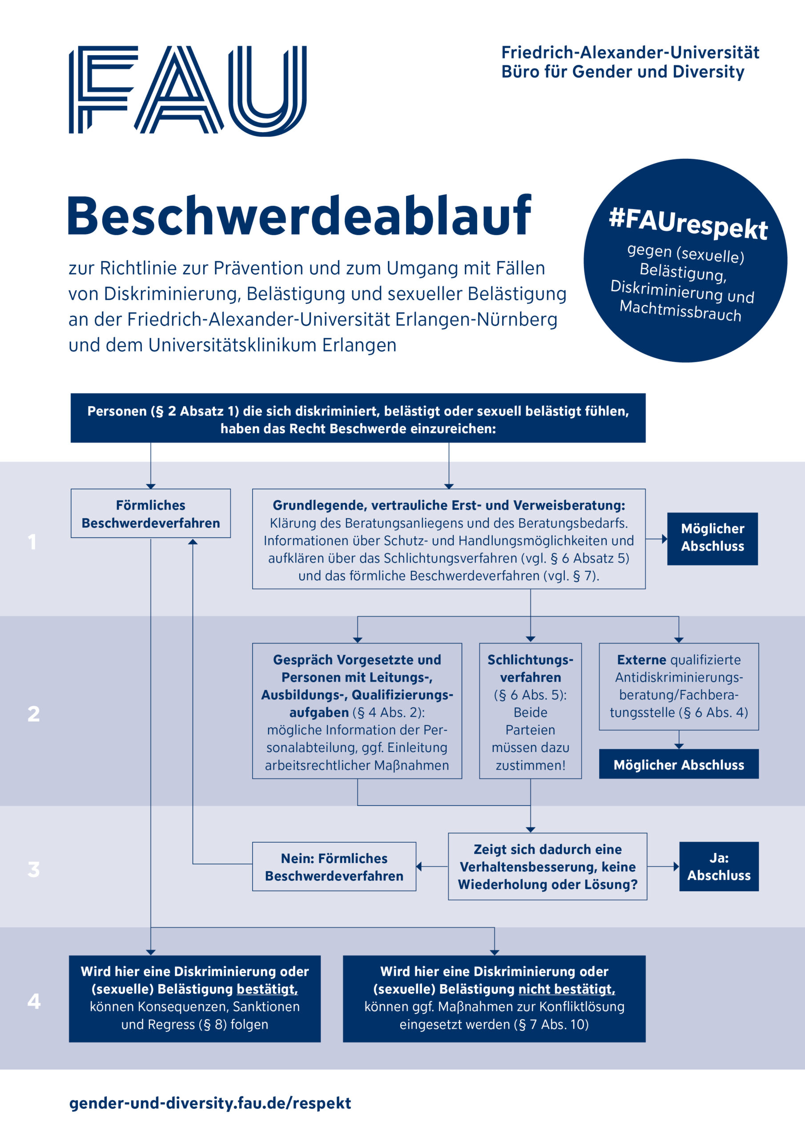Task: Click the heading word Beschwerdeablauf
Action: point(299,216)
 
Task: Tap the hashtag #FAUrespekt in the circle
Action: point(688,225)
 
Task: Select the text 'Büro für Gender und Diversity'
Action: point(623,72)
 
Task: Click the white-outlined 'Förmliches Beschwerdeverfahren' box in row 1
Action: point(151,513)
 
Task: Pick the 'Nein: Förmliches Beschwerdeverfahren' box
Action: point(334,867)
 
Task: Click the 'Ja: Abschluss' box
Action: point(719,867)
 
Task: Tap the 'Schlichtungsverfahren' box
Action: point(530,711)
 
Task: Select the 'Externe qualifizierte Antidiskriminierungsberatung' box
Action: point(679,687)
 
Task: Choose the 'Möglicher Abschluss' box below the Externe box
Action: point(679,764)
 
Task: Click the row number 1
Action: point(32,542)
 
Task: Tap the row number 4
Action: point(34,1001)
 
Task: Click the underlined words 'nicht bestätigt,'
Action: point(567,989)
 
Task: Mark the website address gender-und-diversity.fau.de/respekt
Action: point(210,1103)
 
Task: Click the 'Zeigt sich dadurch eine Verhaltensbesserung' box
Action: point(547,867)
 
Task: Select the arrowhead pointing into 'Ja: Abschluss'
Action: point(676,867)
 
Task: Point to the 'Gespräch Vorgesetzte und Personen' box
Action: point(357,711)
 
